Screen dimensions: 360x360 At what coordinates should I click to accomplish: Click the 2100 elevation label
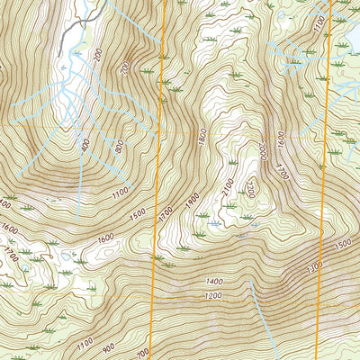pyautogui.click(x=226, y=187)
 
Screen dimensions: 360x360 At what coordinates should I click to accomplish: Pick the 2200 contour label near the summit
pyautogui.click(x=251, y=190)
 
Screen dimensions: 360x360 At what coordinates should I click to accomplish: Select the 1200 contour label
pyautogui.click(x=213, y=294)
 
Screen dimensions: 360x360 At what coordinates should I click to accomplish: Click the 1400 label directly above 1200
pyautogui.click(x=213, y=281)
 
